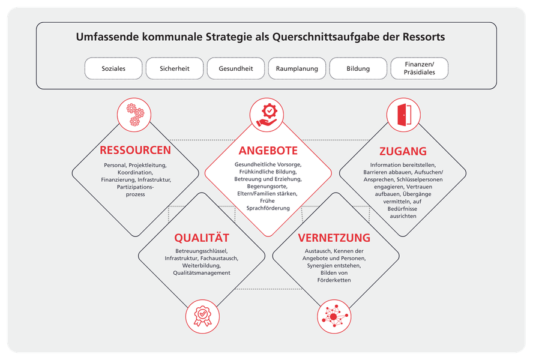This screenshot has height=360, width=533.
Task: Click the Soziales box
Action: click(x=113, y=68)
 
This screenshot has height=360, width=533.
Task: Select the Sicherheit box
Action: click(x=175, y=68)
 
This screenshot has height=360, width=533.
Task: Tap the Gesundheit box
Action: click(x=236, y=68)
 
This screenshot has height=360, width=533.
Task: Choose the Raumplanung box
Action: click(x=297, y=68)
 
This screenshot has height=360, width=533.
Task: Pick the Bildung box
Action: click(x=358, y=68)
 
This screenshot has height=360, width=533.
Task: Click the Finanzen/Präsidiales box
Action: click(x=420, y=68)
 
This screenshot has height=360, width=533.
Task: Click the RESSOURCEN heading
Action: click(x=135, y=150)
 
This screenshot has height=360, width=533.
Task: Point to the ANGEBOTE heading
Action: click(x=268, y=151)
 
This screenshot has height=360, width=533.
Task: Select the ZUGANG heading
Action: click(x=403, y=151)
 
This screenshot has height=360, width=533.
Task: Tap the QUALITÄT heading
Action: click(x=202, y=238)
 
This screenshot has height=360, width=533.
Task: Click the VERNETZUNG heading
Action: click(x=334, y=238)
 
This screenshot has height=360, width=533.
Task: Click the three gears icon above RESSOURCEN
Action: click(x=134, y=115)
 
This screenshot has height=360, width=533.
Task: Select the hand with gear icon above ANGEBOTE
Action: click(x=267, y=115)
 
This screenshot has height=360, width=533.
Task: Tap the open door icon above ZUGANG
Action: click(x=403, y=115)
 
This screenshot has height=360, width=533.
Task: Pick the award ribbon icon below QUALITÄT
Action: click(x=203, y=316)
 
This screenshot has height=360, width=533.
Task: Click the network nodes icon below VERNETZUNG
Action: click(x=334, y=316)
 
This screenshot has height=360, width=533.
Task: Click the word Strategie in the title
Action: click(x=227, y=37)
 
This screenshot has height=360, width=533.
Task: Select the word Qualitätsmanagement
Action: click(x=202, y=273)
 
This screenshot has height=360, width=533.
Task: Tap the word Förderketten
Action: click(x=334, y=280)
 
